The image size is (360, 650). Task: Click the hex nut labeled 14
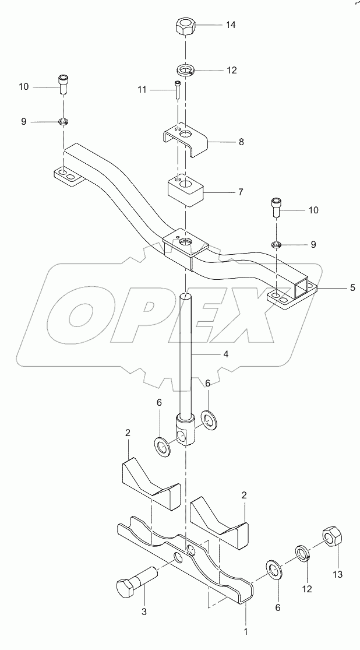[x=184, y=26]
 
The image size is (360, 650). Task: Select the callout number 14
[x=231, y=25]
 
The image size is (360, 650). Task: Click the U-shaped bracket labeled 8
[x=185, y=140]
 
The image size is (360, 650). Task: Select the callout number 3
[x=144, y=612]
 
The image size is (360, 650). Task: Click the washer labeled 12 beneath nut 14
[x=184, y=71]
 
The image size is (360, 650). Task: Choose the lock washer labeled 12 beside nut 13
[x=302, y=551]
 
